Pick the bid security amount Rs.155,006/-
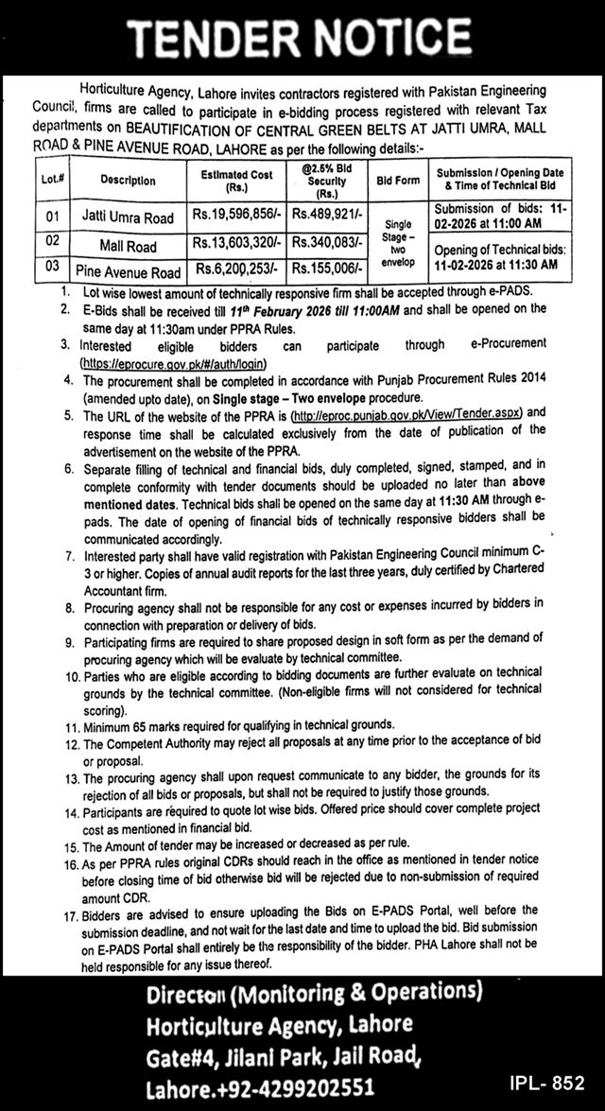pyautogui.click(x=327, y=270)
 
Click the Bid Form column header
pyautogui.click(x=397, y=179)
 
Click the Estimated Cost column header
pyautogui.click(x=237, y=179)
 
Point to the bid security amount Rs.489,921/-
pyautogui.click(x=327, y=217)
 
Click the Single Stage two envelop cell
pyautogui.click(x=397, y=243)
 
